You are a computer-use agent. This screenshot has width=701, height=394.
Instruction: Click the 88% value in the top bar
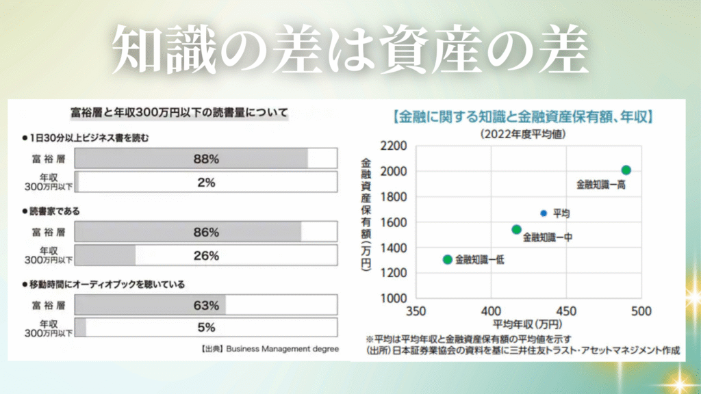pyautogui.click(x=206, y=159)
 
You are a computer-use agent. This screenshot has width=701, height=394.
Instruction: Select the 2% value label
pyautogui.click(x=206, y=183)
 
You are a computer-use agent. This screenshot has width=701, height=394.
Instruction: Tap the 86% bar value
pyautogui.click(x=206, y=233)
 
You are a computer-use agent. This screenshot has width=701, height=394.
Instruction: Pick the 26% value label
pyautogui.click(x=206, y=256)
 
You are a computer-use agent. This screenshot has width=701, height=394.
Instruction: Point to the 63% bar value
pyautogui.click(x=206, y=305)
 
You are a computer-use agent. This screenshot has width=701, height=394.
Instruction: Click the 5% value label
pyautogui.click(x=206, y=327)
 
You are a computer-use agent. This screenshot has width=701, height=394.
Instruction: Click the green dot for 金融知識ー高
pyautogui.click(x=626, y=170)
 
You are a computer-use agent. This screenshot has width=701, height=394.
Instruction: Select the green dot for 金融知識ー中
pyautogui.click(x=517, y=229)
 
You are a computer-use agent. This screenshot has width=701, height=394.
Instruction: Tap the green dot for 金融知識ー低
pyautogui.click(x=448, y=259)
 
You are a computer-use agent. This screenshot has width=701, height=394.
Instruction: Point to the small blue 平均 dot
pyautogui.click(x=544, y=213)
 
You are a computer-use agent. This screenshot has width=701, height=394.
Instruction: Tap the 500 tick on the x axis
pyautogui.click(x=641, y=311)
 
